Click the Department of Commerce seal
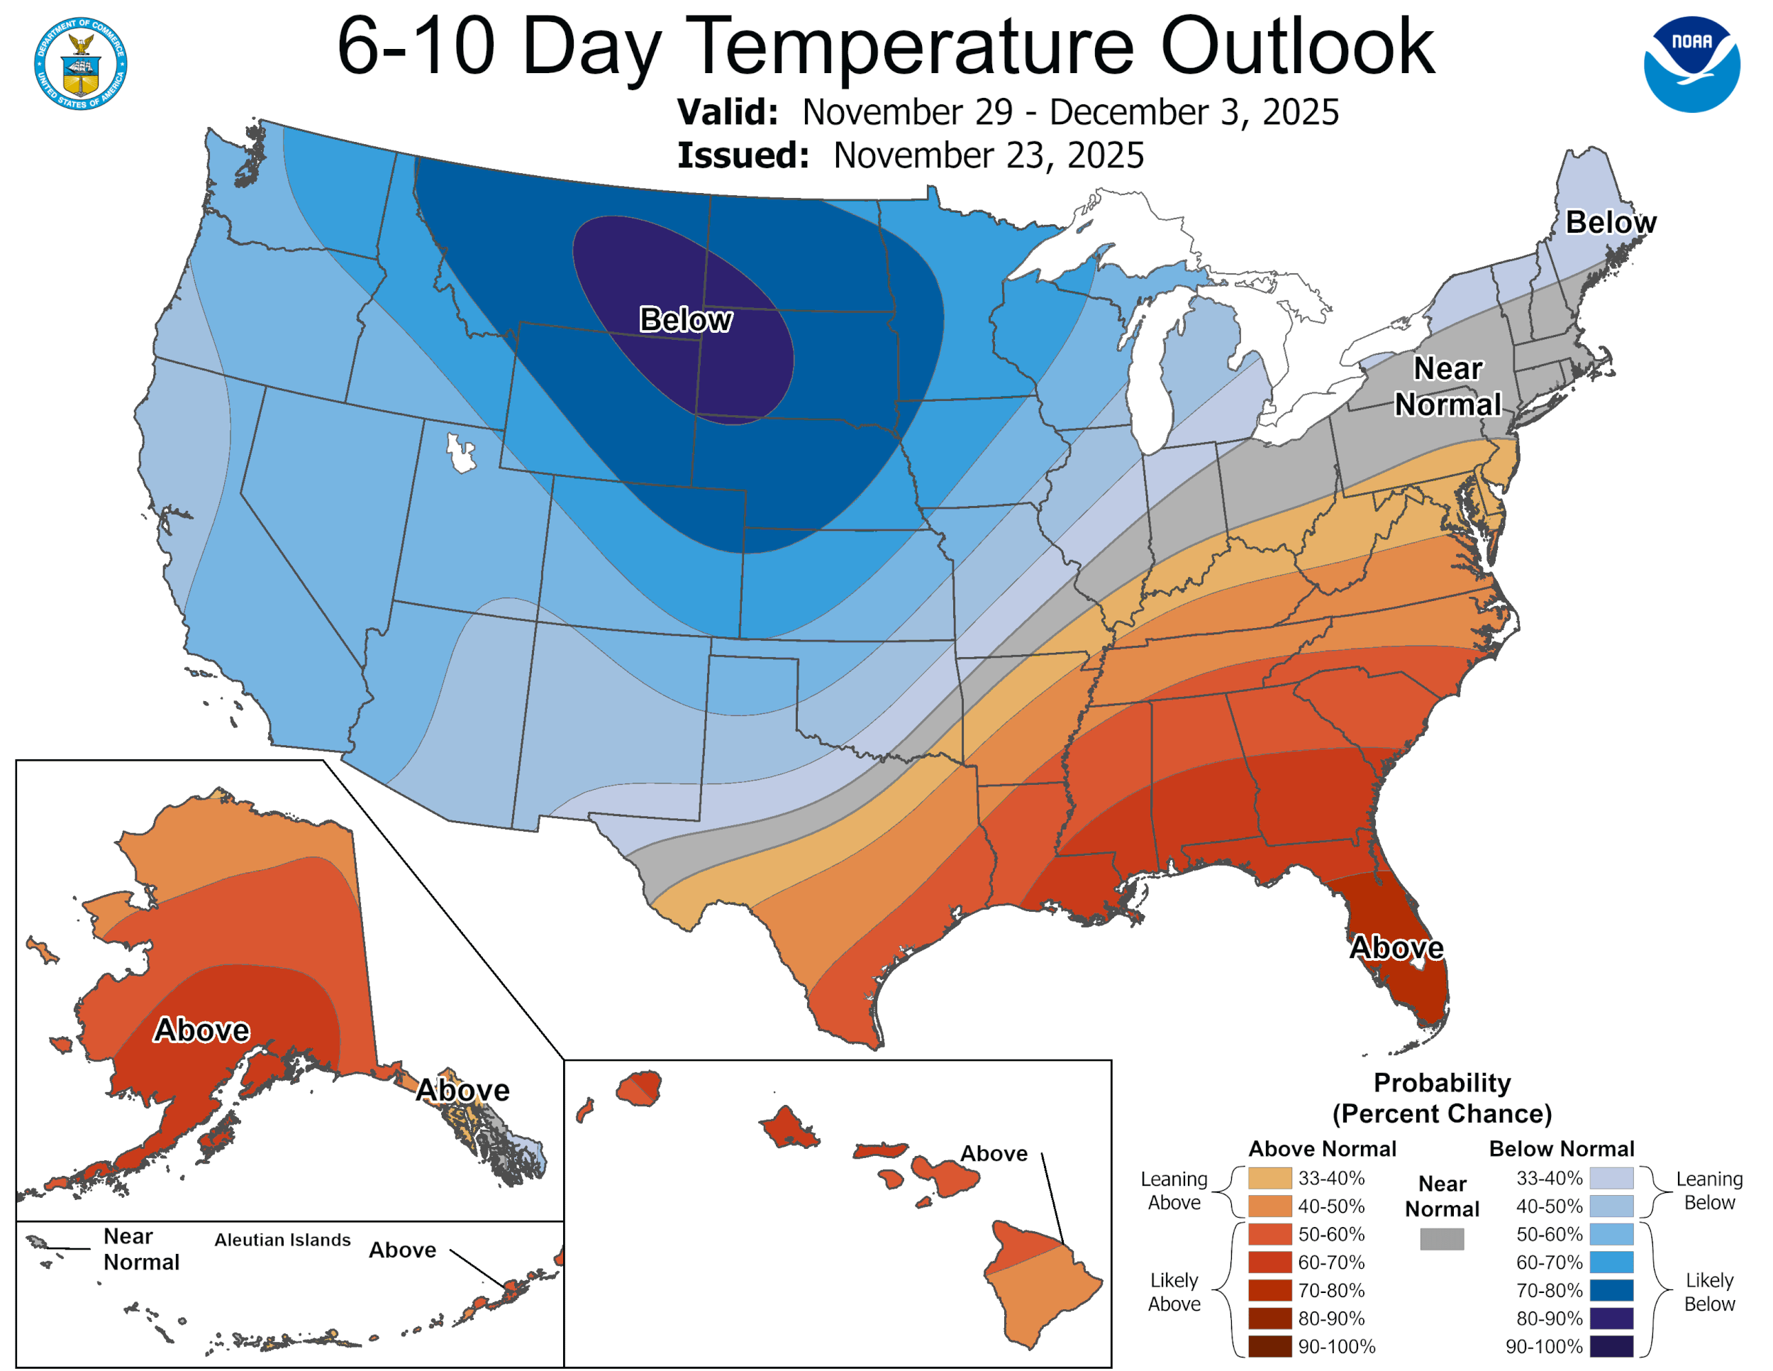80,63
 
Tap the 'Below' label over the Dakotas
685,320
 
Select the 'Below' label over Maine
1610,223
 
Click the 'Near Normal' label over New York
1447,387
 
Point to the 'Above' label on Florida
1396,948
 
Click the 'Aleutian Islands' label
282,1240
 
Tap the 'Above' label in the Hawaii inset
994,1154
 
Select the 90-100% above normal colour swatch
1269,1347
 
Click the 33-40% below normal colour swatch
1611,1179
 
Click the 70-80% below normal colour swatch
1611,1291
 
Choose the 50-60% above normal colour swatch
1269,1235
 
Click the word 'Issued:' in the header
743,156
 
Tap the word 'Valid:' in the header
728,113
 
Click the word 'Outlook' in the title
1297,47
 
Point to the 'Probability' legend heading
1442,1083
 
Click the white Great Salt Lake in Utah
460,453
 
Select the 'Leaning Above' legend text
1174,1191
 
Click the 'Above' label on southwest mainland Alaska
201,1030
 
